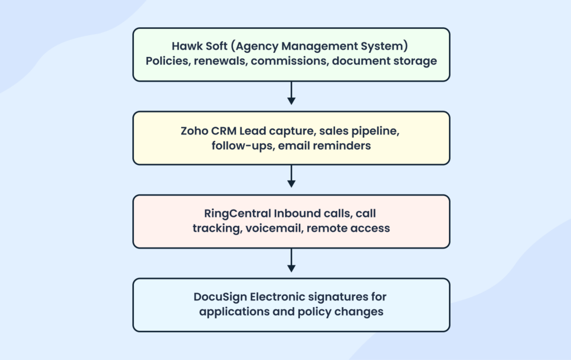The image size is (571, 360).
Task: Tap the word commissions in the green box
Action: click(288, 61)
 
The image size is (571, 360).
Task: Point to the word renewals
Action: click(221, 61)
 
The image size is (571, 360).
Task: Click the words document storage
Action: click(384, 61)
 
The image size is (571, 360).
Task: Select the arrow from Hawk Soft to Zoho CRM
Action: click(291, 93)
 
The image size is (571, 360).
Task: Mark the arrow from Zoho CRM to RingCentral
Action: click(291, 177)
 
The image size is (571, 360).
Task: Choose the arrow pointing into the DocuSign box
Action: click(291, 260)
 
